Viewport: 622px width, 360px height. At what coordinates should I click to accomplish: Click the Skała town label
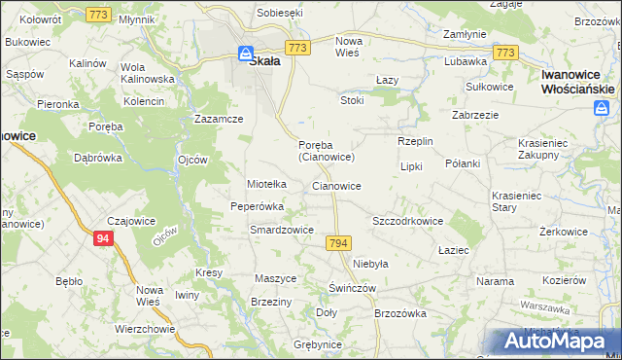pyautogui.click(x=265, y=60)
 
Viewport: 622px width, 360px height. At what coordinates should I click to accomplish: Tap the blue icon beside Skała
pyautogui.click(x=246, y=55)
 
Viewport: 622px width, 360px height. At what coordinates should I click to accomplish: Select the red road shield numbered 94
pyautogui.click(x=104, y=237)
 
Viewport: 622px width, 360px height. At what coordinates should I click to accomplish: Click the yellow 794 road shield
pyautogui.click(x=338, y=242)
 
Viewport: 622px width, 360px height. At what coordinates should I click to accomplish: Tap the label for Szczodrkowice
pyautogui.click(x=408, y=221)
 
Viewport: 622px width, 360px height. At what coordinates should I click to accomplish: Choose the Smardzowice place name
pyautogui.click(x=281, y=231)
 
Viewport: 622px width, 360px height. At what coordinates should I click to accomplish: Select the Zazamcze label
pyautogui.click(x=218, y=118)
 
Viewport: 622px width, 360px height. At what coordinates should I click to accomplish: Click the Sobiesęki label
pyautogui.click(x=280, y=13)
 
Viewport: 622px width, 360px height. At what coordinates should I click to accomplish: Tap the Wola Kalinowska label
pyautogui.click(x=147, y=73)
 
